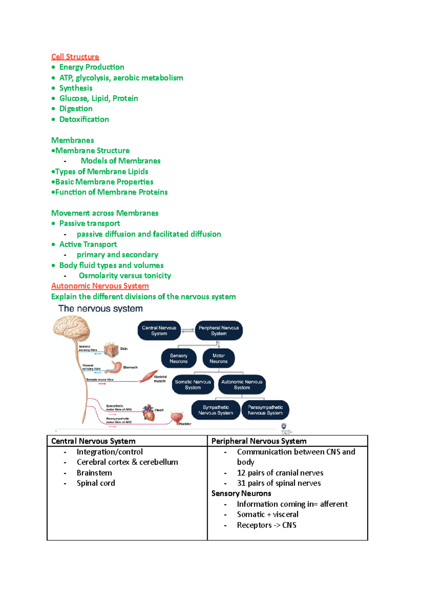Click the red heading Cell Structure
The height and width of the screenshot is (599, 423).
click(75, 57)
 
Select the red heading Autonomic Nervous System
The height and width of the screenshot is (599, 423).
click(100, 286)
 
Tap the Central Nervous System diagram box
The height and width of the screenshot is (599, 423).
click(159, 331)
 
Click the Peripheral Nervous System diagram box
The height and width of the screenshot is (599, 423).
click(219, 331)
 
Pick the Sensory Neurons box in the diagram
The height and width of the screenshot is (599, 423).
click(178, 358)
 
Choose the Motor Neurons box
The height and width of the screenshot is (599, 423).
click(219, 358)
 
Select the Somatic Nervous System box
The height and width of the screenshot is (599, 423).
click(193, 385)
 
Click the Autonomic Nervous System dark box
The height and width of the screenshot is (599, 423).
click(242, 385)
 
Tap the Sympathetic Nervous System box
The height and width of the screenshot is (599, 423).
click(216, 410)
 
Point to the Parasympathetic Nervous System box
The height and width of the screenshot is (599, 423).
click(265, 410)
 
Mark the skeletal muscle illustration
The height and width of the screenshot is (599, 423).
click(149, 376)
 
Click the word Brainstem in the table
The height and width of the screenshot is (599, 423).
click(94, 473)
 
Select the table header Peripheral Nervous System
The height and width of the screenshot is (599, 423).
click(259, 441)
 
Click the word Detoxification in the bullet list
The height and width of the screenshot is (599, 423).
click(84, 119)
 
